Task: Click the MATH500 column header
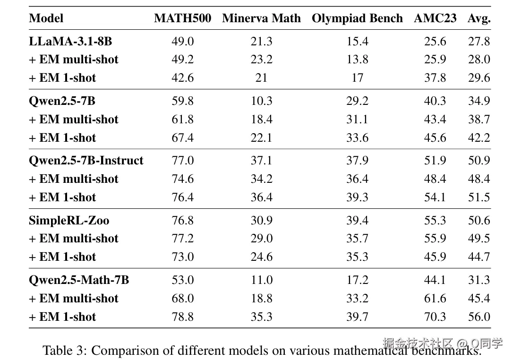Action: [182, 18]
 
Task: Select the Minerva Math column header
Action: [261, 18]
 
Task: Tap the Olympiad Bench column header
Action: [357, 18]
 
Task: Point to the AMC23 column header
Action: [435, 18]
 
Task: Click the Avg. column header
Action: [479, 18]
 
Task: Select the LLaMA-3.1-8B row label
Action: [70, 42]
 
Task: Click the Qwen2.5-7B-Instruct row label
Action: [86, 161]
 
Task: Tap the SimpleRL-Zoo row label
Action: [69, 221]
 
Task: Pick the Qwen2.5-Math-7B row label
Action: [79, 280]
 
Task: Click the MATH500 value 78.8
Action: [182, 317]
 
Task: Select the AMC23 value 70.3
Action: [435, 317]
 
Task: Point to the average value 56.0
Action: [479, 317]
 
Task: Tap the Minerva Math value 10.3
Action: [261, 101]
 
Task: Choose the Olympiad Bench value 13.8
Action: [357, 60]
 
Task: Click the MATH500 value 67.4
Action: [182, 138]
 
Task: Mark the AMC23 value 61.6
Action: [435, 299]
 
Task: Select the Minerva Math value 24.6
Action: [261, 257]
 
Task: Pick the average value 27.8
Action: [479, 42]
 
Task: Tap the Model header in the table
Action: [46, 18]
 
